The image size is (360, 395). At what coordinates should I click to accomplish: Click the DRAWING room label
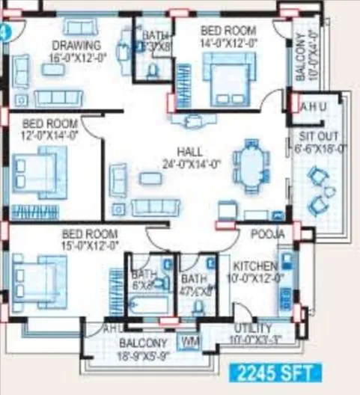[x=71, y=44]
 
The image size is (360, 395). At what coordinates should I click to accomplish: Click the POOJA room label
[x=268, y=234]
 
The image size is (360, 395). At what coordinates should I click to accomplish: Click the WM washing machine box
[x=191, y=341]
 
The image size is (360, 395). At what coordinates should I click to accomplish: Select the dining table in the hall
[x=247, y=165]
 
